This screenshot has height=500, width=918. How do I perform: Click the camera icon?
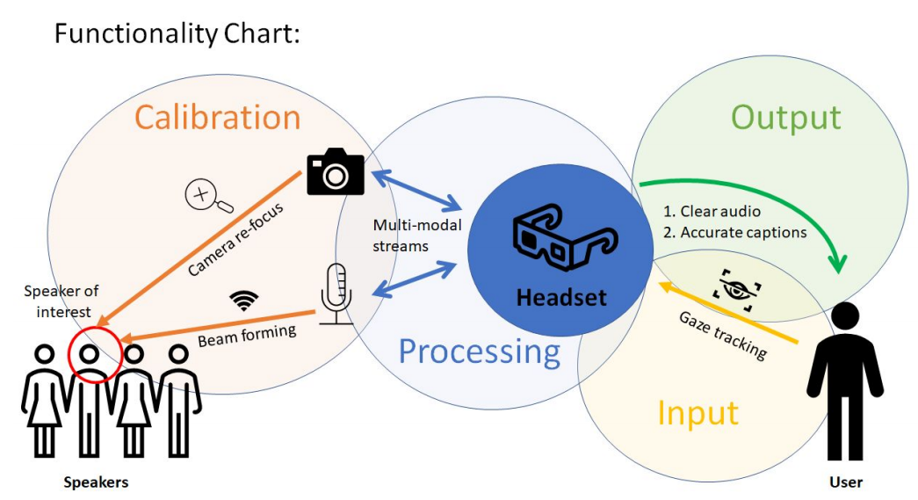(x=335, y=171)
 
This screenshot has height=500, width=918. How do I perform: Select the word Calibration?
(x=217, y=118)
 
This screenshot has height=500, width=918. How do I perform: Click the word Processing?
(x=480, y=351)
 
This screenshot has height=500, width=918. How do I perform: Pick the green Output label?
(x=785, y=118)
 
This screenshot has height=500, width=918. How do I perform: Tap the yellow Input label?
(x=698, y=411)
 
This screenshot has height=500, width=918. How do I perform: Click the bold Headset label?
(x=561, y=297)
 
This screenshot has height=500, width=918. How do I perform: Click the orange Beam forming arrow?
(x=220, y=324)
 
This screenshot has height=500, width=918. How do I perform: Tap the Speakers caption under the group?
(x=96, y=482)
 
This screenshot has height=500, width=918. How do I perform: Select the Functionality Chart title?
(x=177, y=33)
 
